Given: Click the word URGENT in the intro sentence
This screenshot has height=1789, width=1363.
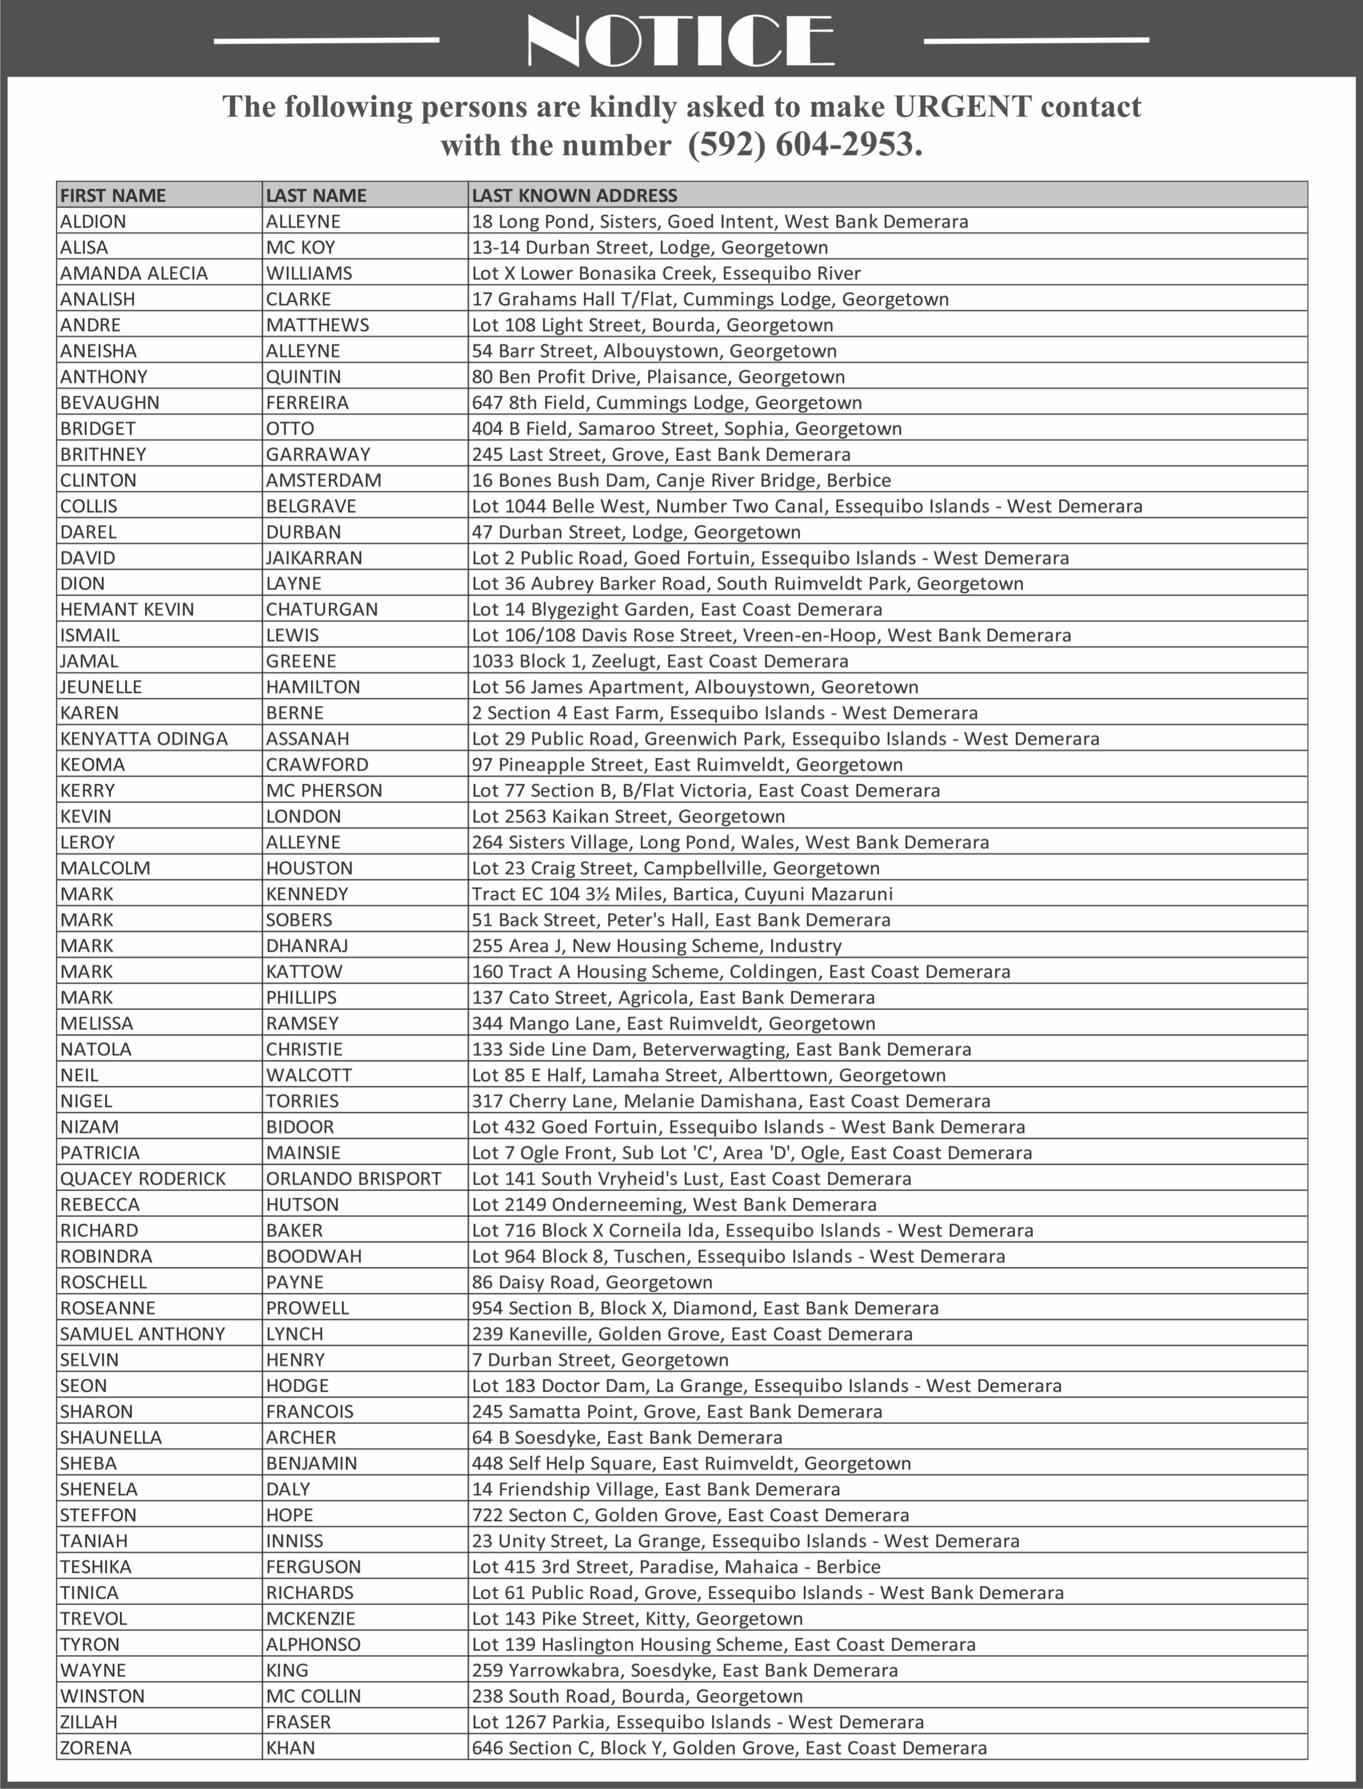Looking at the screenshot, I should [963, 106].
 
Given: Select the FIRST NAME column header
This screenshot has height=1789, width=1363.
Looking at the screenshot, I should [113, 196].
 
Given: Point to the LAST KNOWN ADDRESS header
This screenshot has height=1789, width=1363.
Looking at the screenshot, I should [575, 196].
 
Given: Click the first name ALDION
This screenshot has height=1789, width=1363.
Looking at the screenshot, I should [93, 222].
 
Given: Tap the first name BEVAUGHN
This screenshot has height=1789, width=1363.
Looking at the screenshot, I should [109, 402].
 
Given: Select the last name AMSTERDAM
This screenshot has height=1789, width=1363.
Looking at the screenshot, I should [324, 480].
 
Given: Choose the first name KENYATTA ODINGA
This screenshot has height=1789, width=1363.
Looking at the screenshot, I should [144, 738].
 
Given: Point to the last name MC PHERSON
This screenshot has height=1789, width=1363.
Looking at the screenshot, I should [324, 790].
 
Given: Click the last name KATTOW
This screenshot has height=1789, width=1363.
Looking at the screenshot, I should [304, 971].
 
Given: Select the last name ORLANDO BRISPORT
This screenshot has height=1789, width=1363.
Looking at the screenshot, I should [354, 1178].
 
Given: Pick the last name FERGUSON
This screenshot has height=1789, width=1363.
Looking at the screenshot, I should [313, 1567].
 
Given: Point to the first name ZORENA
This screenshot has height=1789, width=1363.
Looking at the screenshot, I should [96, 1747].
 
